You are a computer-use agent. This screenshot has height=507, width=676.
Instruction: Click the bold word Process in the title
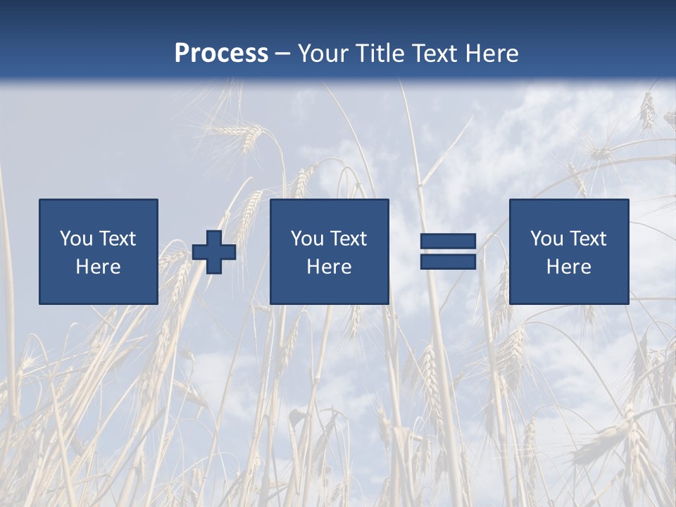221,54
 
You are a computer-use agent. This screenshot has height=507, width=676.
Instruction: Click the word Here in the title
494,54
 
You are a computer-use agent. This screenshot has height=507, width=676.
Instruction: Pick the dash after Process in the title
283,54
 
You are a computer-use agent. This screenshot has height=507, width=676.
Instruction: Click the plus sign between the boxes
214,252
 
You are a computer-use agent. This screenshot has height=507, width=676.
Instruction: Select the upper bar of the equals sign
448,242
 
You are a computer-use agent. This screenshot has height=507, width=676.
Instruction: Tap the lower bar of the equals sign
448,261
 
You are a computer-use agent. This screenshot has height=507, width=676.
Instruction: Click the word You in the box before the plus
76,239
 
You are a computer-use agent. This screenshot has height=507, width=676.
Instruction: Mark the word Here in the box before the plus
98,267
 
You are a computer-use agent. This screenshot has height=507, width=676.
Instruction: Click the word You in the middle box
307,239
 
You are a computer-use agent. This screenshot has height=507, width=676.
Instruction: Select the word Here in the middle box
329,267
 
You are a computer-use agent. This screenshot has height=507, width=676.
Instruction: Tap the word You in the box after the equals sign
546,239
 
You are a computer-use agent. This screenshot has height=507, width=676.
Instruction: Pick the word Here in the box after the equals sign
568,267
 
